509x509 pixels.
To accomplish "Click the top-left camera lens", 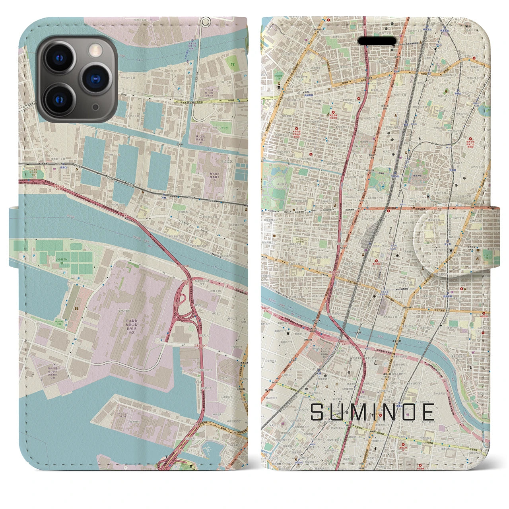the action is tap(60, 58).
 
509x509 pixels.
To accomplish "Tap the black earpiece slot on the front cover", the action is tap(377, 41).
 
